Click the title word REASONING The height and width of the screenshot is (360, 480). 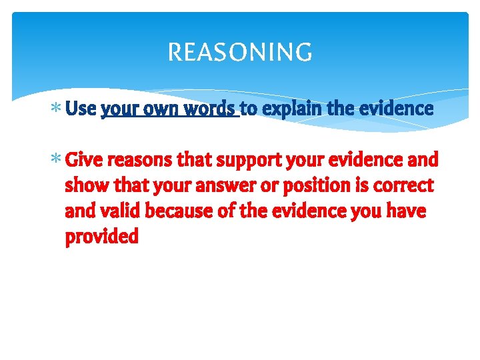click(x=240, y=52)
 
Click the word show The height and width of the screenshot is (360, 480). click(x=85, y=186)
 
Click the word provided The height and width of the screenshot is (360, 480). click(x=101, y=237)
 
